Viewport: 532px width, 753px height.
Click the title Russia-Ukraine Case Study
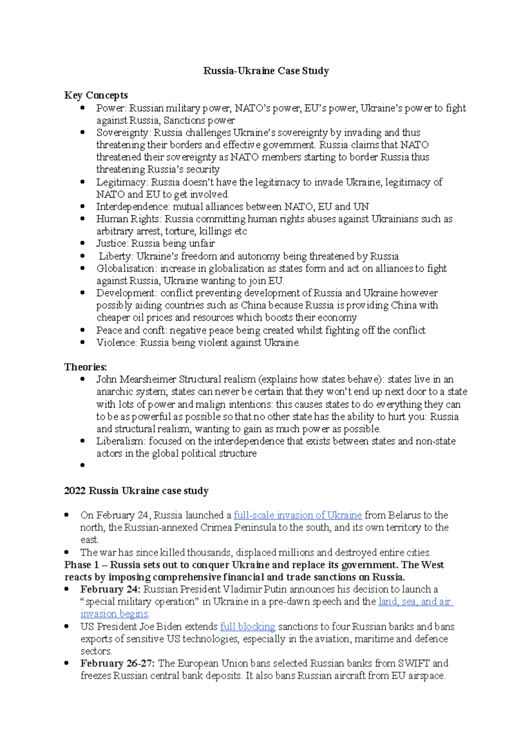pos(266,71)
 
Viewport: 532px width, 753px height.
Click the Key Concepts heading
pos(96,95)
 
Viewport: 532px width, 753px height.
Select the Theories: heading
pos(85,367)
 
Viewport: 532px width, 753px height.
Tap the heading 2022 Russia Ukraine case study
pos(136,491)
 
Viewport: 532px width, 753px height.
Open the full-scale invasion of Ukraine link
pos(297,515)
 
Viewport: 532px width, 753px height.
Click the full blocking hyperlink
pos(247,627)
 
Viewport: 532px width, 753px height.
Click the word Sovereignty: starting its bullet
pos(124,133)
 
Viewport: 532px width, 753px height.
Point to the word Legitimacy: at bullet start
pos(122,182)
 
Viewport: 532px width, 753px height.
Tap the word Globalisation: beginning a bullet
pos(126,269)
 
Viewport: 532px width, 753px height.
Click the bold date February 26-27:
pos(117,663)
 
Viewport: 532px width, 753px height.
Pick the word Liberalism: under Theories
pos(121,441)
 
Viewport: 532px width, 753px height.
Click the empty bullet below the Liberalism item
pos(82,465)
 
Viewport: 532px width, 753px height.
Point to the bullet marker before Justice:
pos(82,243)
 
